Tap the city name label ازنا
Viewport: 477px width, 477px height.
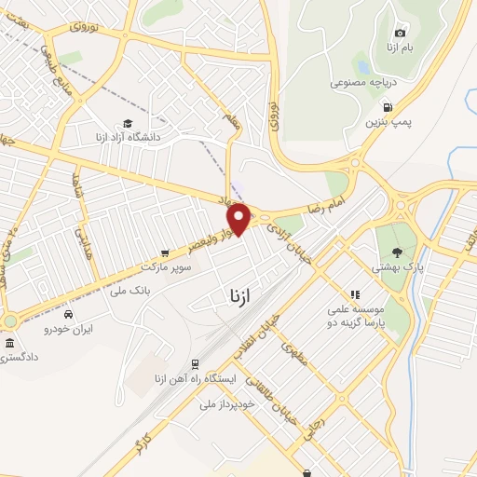tap(239, 295)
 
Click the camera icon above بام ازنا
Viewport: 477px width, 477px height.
tap(401, 34)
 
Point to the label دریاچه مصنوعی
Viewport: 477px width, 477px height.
tap(364, 82)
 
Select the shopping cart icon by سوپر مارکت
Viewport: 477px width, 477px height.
tap(165, 252)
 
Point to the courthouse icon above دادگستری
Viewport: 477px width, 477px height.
tap(9, 344)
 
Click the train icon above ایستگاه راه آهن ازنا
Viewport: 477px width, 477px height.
tap(195, 364)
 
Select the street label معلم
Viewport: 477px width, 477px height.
tap(231, 121)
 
